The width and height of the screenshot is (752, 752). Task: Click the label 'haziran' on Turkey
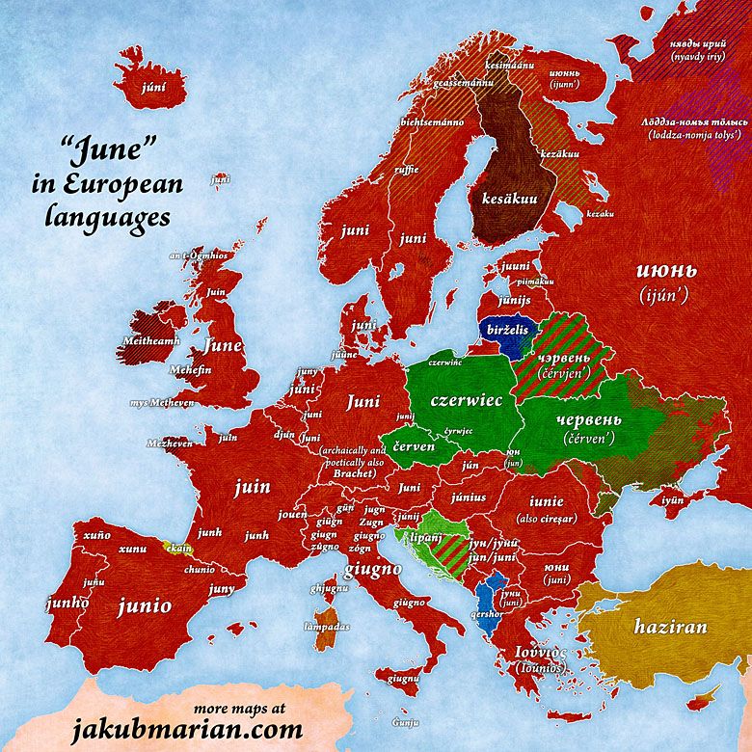pyautogui.click(x=670, y=626)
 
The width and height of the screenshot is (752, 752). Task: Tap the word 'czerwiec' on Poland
pyautogui.click(x=467, y=400)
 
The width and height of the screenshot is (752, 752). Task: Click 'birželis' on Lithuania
pyautogui.click(x=508, y=330)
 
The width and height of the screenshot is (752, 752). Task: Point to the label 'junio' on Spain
pyautogui.click(x=145, y=606)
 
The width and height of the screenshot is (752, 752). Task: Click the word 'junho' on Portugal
pyautogui.click(x=67, y=603)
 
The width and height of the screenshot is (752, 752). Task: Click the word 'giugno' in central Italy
pyautogui.click(x=372, y=569)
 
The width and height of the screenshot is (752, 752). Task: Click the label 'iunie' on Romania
pyautogui.click(x=546, y=501)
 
